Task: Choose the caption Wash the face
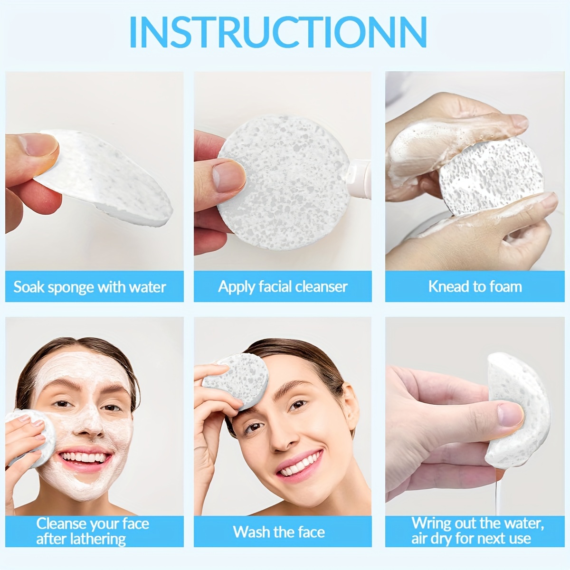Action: (279, 532)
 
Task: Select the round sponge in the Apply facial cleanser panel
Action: (284, 182)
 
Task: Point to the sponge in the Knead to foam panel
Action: (491, 177)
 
